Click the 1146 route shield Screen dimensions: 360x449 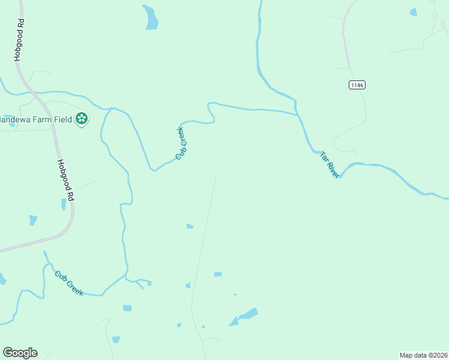click(x=357, y=85)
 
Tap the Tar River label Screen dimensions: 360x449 click(x=330, y=164)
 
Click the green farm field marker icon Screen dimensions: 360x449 click(x=82, y=119)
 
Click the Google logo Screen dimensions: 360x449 click(x=20, y=353)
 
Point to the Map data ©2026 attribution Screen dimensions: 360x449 click(x=423, y=355)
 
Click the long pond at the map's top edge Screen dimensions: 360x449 click(x=150, y=17)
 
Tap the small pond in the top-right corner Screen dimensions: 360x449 click(x=413, y=11)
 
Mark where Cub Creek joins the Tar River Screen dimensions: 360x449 click(x=297, y=112)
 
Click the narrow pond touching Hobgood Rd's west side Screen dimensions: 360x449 click(x=64, y=204)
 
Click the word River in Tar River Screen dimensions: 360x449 click(x=333, y=169)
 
